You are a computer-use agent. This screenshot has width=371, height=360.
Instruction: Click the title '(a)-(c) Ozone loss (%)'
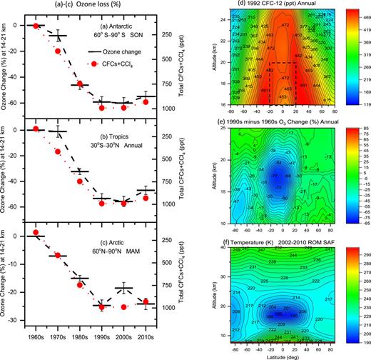(x=94, y=6)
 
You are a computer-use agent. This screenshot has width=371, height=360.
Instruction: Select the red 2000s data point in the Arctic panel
(x=124, y=307)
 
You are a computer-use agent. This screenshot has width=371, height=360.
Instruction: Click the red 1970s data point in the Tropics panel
(x=58, y=151)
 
